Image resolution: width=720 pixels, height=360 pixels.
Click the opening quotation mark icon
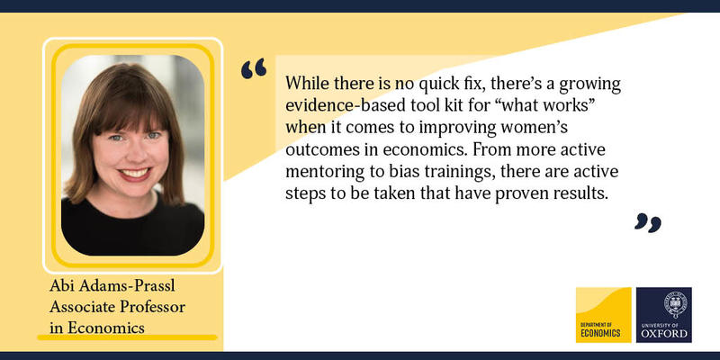click(254, 68)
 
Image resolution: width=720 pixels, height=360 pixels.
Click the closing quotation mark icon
click(648, 222)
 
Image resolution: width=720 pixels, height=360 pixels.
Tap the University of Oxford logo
click(663, 314)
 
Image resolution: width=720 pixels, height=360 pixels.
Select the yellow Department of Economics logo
click(604, 314)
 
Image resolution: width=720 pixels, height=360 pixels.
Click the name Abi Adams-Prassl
click(112, 286)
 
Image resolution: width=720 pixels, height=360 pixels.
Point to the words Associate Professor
click(117, 307)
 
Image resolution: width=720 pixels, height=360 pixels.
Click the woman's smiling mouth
click(135, 174)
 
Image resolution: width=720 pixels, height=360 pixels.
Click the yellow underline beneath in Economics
click(127, 338)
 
